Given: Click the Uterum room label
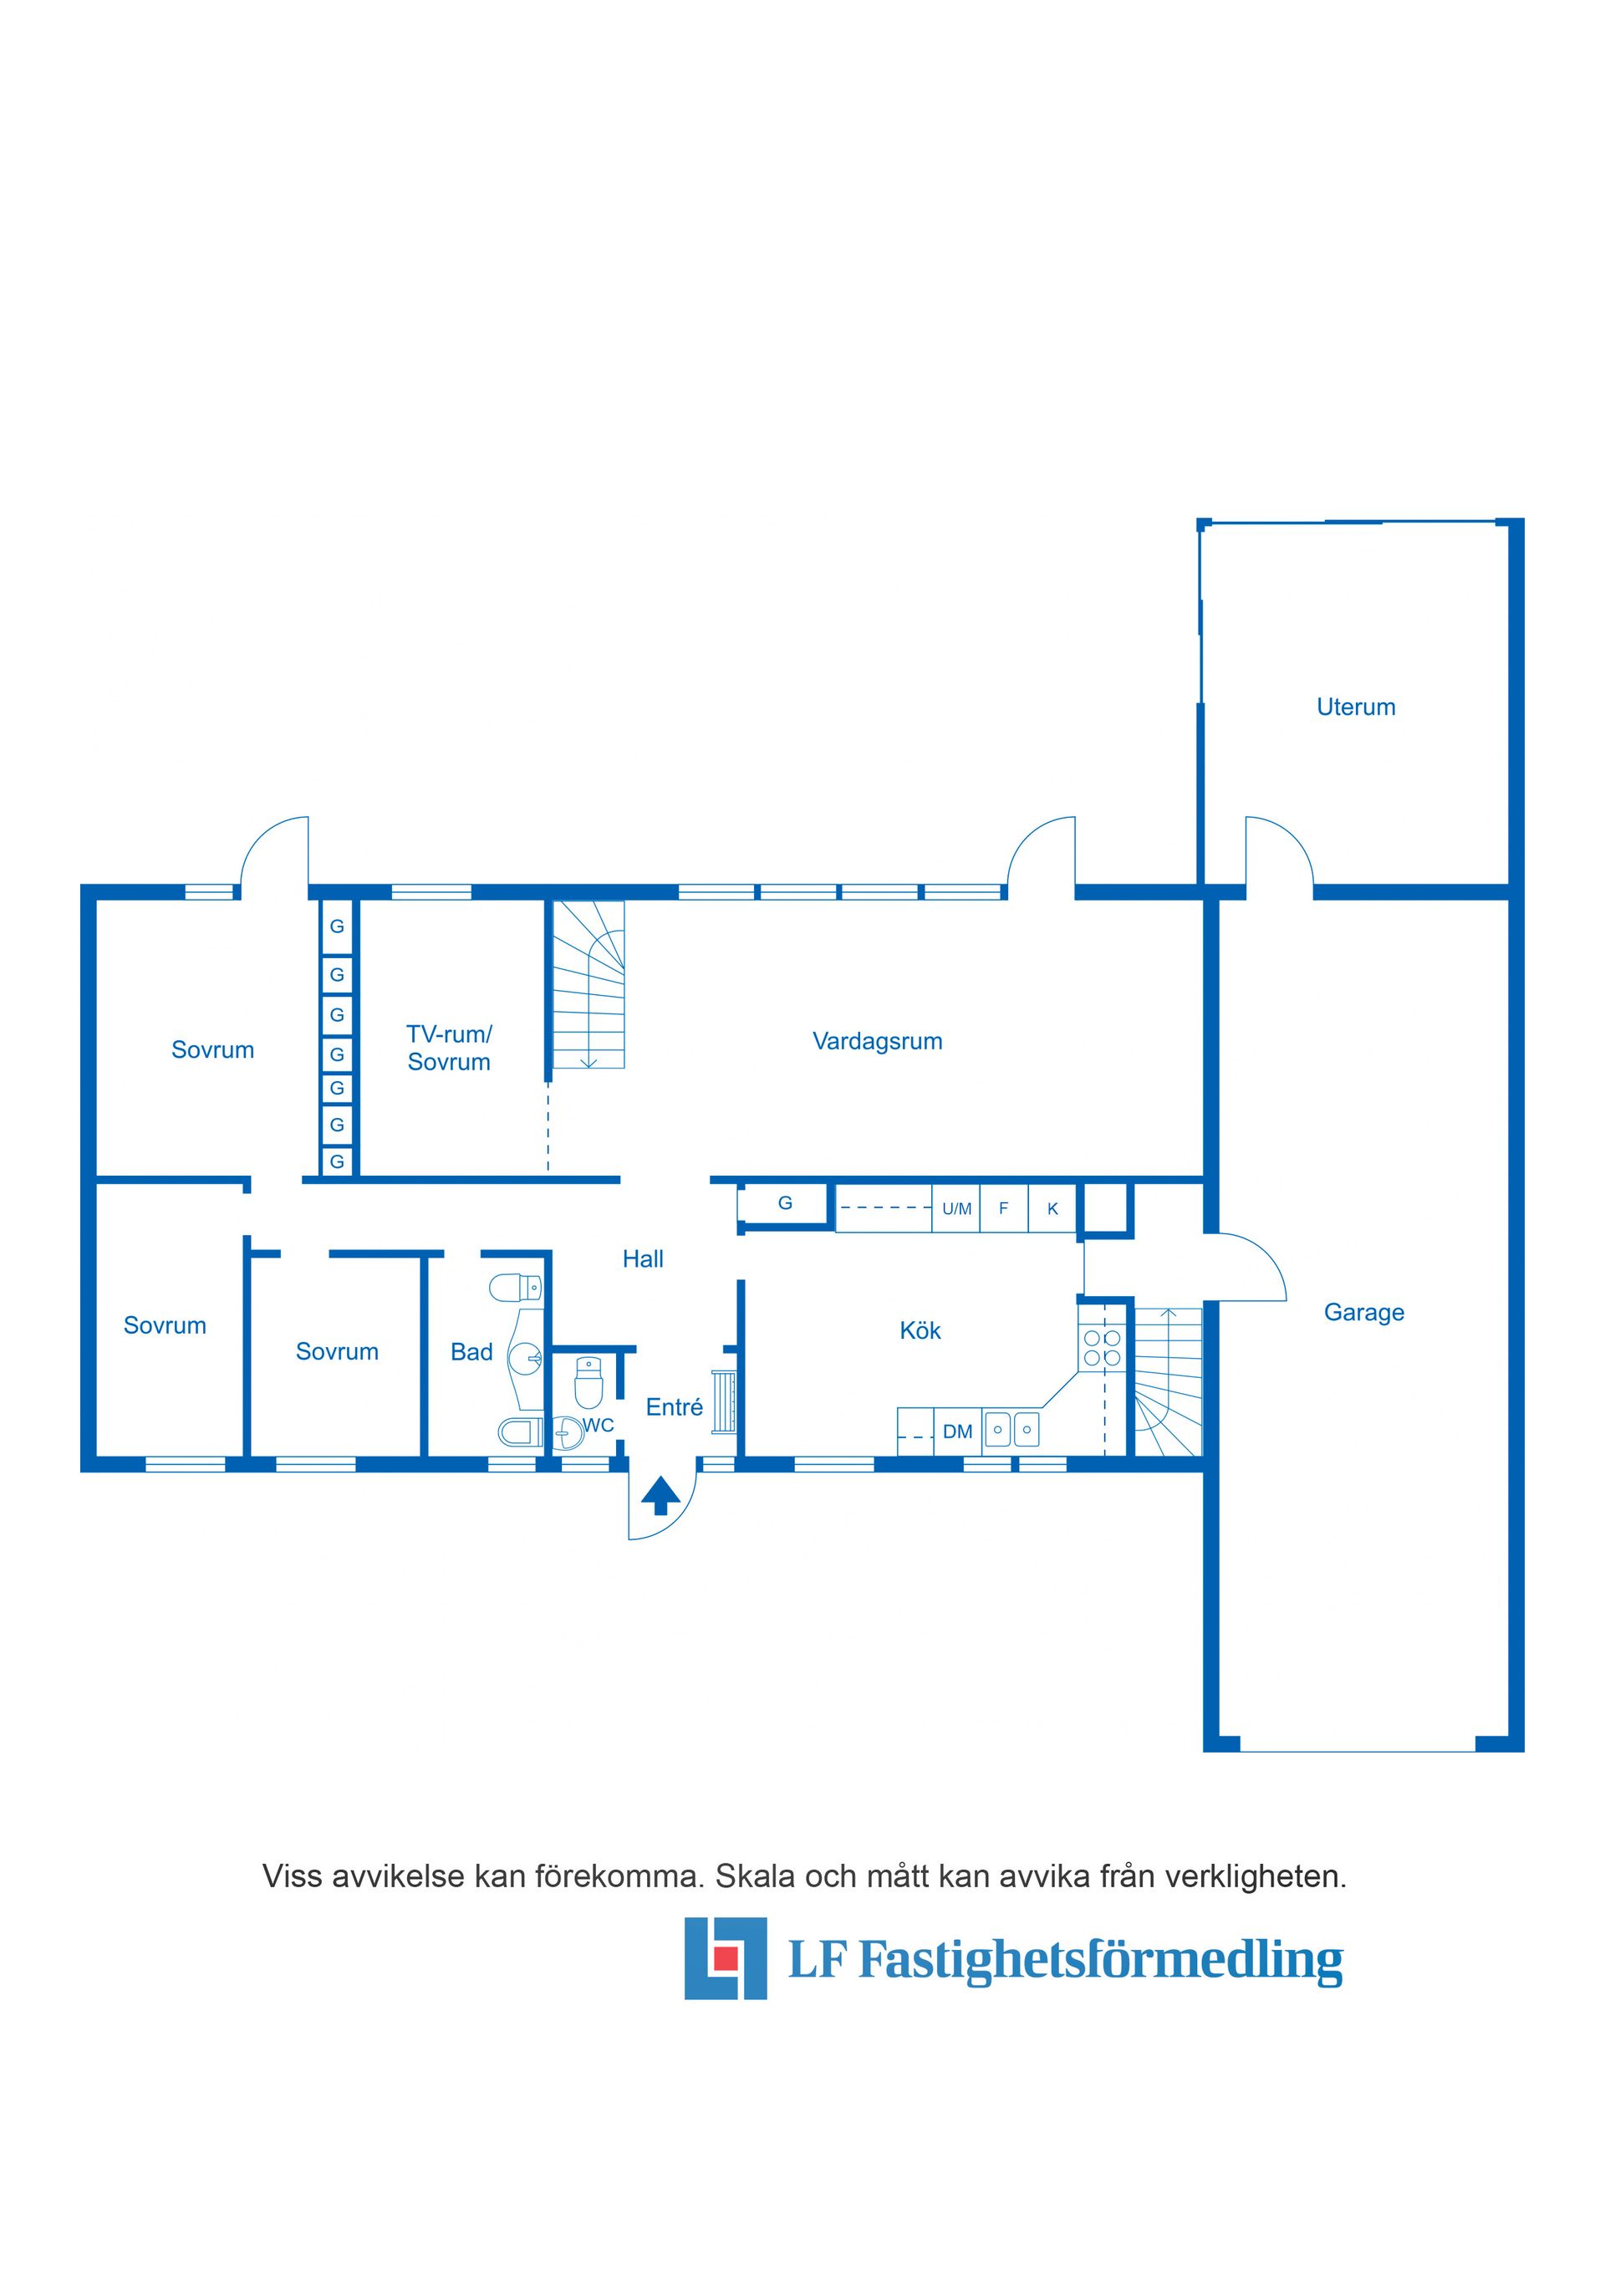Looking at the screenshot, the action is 1356,707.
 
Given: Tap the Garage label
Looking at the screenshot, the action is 1363,1313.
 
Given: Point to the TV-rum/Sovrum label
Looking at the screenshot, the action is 449,1049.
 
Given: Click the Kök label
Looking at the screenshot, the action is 920,1330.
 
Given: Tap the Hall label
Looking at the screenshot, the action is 643,1259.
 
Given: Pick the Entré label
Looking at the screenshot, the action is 675,1406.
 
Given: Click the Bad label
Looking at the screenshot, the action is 471,1352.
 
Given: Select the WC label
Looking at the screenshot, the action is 599,1426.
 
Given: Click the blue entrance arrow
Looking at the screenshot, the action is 660,1494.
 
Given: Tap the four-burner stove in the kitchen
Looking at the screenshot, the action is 1102,1348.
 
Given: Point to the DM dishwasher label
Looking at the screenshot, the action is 957,1431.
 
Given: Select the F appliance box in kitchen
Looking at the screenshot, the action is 1004,1207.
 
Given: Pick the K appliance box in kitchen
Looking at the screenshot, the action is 1052,1207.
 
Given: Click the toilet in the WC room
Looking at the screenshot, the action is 588,1382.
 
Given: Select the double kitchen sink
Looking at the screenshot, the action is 1011,1429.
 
